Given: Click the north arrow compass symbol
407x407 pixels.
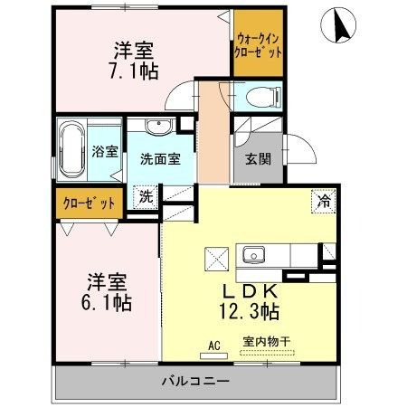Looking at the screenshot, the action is tap(338, 25).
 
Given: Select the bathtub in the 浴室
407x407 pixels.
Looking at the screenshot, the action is tap(71, 150).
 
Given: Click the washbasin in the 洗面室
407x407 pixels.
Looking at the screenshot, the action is tap(158, 127).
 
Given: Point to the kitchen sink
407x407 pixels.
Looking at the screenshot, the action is tap(254, 254).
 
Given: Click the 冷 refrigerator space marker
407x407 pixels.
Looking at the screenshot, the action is tap(324, 201).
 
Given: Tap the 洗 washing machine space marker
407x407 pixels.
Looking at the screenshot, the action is tap(146, 197).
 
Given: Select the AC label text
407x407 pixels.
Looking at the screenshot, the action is tap(214, 345).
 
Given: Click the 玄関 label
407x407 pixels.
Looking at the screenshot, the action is tap(259, 159).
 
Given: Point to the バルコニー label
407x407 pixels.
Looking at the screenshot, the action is tap(196, 382).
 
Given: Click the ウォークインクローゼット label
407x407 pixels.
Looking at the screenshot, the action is tap(258, 45).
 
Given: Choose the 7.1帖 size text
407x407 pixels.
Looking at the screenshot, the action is tap(134, 71).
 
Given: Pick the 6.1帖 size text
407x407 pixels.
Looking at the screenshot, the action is tap(107, 303).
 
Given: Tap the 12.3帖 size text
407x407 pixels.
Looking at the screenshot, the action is tap(249, 312).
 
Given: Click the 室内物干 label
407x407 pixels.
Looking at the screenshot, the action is tap(267, 342).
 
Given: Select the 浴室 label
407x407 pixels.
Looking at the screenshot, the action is tap(105, 151).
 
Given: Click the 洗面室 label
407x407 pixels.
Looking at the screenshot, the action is tap(160, 159).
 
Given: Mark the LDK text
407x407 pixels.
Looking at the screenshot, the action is tap(250, 291).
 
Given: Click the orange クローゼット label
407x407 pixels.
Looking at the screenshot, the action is tap(89, 203).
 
